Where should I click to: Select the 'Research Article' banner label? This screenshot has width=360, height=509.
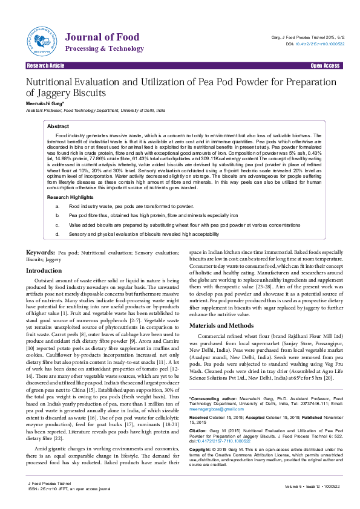pyautogui.click(x=44, y=65)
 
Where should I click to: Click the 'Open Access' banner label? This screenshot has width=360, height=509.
pyautogui.click(x=325, y=65)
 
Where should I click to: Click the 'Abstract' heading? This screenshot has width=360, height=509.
pyautogui.click(x=58, y=126)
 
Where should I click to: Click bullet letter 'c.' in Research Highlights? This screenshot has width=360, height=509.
pyautogui.click(x=57, y=224)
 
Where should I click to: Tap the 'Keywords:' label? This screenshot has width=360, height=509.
pyautogui.click(x=41, y=251)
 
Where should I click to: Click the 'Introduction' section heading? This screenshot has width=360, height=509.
pyautogui.click(x=44, y=270)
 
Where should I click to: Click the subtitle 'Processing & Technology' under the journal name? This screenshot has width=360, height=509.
pyautogui.click(x=104, y=48)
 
